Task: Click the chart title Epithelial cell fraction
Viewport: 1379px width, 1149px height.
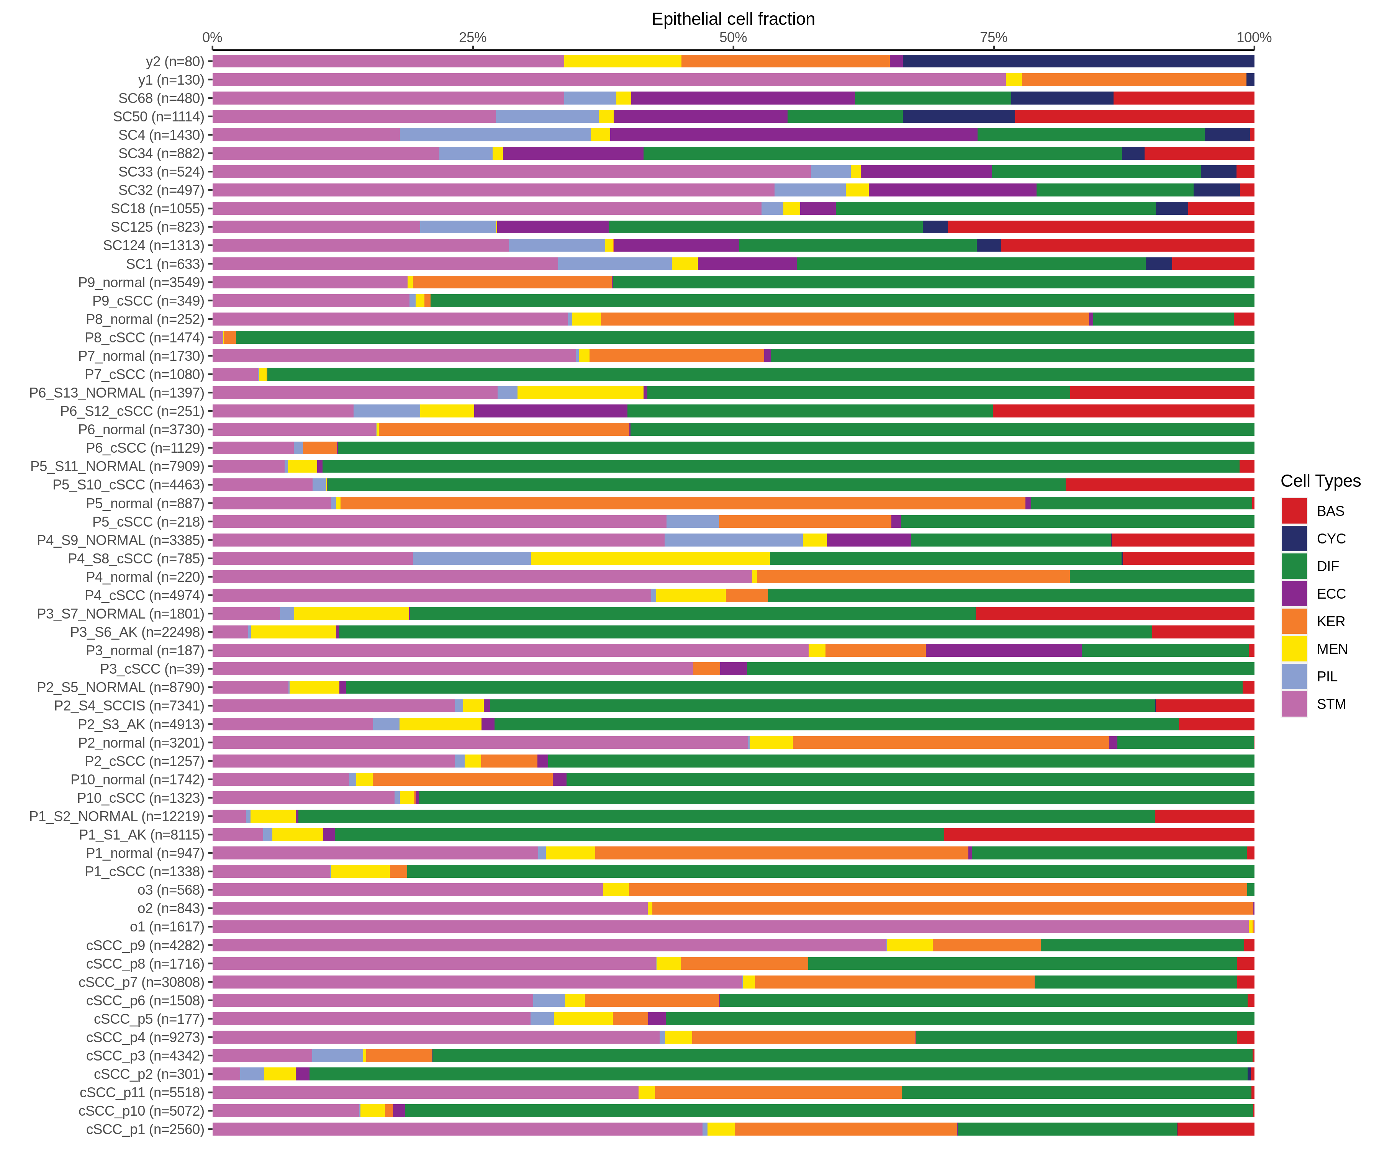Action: coord(733,19)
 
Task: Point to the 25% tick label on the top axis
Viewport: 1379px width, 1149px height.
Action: coord(472,38)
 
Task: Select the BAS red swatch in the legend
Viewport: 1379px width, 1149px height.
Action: coord(1294,511)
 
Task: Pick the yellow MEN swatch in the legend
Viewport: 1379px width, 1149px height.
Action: coord(1294,649)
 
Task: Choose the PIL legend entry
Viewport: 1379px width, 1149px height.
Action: coord(1327,676)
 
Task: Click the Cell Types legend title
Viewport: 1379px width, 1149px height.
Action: coord(1320,481)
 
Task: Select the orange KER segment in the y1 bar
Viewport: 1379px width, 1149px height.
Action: coord(1133,79)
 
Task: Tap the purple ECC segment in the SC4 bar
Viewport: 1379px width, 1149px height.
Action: coord(793,134)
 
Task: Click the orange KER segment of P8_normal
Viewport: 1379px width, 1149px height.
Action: coord(845,319)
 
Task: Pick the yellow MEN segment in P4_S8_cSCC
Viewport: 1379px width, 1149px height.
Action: coord(650,559)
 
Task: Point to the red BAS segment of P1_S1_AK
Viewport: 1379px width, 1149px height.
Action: coord(1099,835)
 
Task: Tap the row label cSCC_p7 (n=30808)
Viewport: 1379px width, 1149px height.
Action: coord(141,982)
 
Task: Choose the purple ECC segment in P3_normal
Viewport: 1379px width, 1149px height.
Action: coord(1003,651)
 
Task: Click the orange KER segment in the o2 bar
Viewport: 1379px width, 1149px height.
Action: coord(952,908)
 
